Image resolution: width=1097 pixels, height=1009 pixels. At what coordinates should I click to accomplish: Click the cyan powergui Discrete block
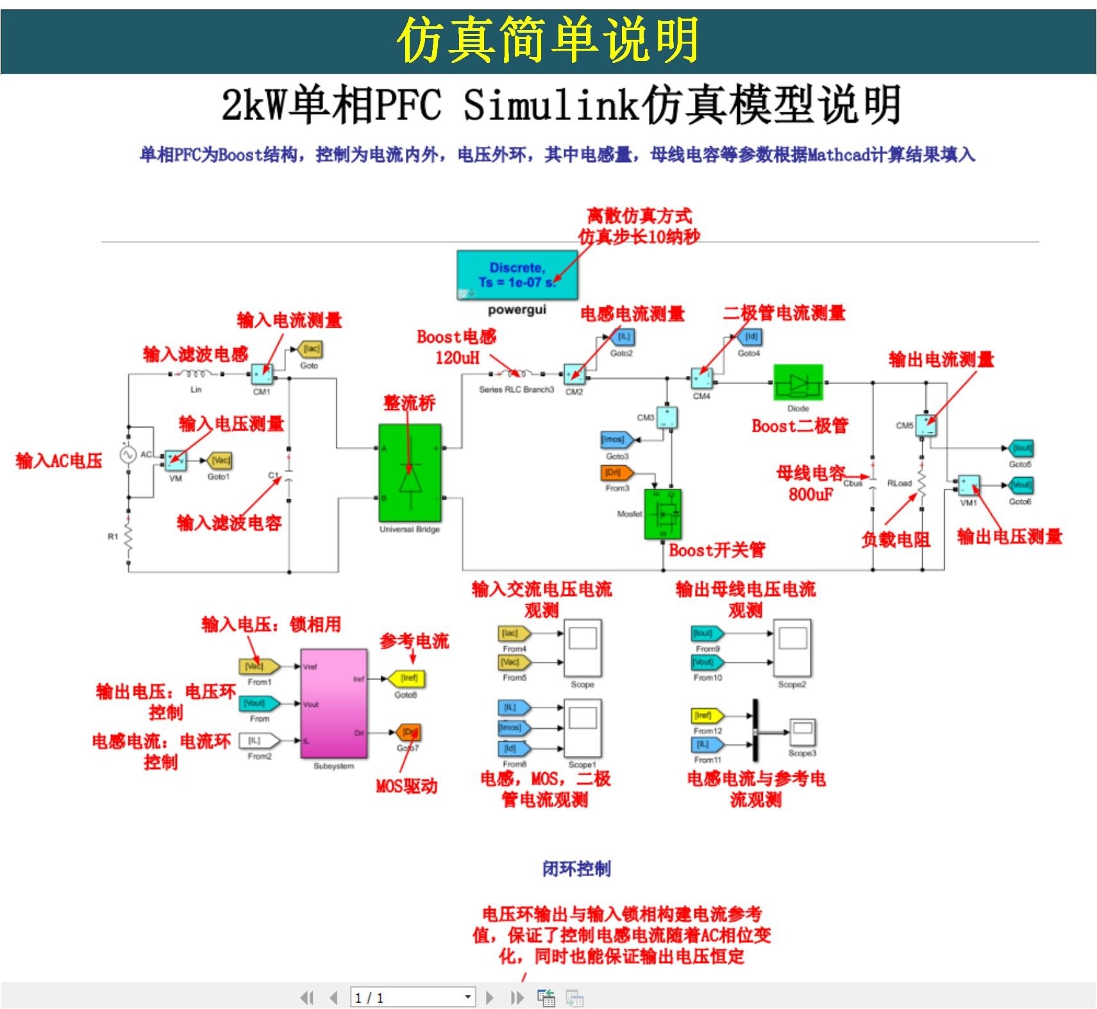[x=517, y=275]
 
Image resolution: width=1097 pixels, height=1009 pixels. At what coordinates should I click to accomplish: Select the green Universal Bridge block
[x=410, y=473]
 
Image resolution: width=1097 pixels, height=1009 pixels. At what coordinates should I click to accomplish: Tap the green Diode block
[x=798, y=384]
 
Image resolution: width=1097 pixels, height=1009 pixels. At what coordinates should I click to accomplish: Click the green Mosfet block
[x=663, y=514]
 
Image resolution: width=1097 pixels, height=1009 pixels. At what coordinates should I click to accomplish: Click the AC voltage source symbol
[x=128, y=455]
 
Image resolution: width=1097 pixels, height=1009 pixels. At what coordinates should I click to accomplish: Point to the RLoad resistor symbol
[x=921, y=484]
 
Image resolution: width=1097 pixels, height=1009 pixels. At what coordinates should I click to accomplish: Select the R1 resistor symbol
[x=128, y=538]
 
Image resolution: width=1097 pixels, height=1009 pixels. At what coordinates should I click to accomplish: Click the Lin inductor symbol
[x=195, y=374]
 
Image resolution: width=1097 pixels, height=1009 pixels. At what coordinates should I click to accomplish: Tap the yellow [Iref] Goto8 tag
[x=408, y=678]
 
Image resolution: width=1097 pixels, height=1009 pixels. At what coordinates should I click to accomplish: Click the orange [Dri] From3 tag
[x=616, y=473]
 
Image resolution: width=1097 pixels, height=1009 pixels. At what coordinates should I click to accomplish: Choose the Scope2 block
[x=792, y=648]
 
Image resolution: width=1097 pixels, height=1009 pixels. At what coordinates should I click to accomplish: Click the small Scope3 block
[x=802, y=733]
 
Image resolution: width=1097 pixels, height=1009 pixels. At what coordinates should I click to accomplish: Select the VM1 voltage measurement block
[x=968, y=486]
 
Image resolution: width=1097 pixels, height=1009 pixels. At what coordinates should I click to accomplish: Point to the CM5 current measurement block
[x=925, y=425]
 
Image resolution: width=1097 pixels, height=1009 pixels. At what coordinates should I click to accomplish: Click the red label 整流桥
[x=409, y=403]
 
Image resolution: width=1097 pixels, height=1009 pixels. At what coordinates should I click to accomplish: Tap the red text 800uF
[x=810, y=495]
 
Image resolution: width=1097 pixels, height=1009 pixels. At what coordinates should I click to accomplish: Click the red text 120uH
[x=456, y=357]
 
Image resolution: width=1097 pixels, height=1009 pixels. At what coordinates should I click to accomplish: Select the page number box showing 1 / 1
[x=412, y=997]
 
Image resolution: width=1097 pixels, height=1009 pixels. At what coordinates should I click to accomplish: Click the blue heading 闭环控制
[x=576, y=869]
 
